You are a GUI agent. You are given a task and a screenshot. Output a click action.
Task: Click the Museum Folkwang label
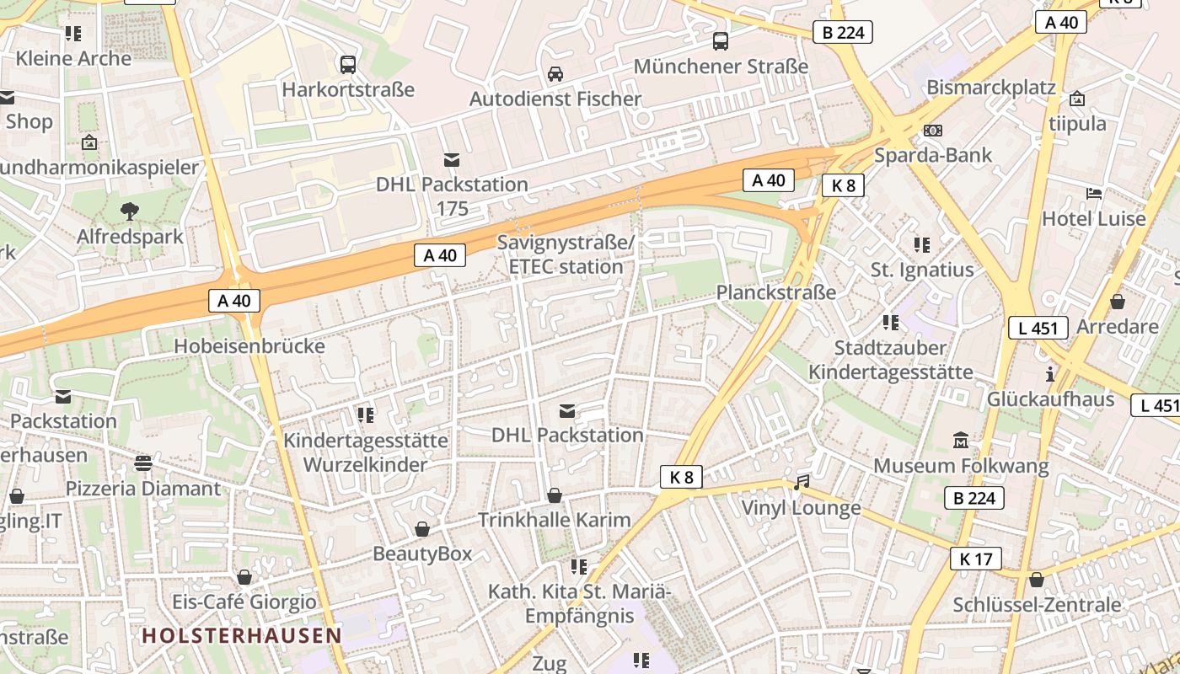[961, 466]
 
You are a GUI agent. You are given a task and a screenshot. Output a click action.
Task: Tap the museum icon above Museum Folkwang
[961, 440]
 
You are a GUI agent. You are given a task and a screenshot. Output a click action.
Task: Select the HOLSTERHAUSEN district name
[242, 635]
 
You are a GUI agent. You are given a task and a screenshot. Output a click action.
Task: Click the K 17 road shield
[975, 558]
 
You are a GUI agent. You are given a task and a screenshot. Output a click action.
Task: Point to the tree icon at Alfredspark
[130, 211]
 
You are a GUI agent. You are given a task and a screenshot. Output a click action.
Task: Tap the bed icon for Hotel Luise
[1094, 193]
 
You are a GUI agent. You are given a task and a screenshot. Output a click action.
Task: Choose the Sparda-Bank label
[933, 155]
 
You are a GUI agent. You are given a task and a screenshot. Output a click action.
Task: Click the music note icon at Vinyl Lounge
[802, 483]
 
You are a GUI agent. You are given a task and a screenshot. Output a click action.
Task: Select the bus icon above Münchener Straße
[721, 40]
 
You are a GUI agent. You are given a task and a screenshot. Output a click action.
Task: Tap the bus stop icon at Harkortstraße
[347, 64]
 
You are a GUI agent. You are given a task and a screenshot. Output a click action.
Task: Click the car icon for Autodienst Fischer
[555, 74]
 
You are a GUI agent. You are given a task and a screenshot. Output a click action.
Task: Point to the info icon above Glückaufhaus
[1050, 374]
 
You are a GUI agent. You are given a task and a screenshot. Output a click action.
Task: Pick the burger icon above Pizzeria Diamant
[142, 463]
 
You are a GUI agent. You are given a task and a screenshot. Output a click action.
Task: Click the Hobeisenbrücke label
[249, 346]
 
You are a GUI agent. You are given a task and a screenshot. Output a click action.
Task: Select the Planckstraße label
[775, 292]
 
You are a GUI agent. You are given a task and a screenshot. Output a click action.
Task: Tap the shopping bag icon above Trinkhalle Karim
[555, 495]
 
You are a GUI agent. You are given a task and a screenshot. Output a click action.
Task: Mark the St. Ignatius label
[922, 270]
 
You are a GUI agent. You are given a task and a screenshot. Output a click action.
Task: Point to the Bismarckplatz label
[991, 88]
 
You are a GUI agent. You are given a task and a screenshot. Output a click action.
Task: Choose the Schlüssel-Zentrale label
[1037, 605]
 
